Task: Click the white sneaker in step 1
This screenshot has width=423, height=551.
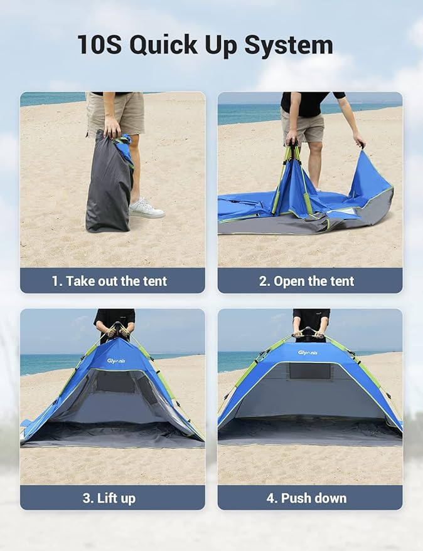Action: [146, 209]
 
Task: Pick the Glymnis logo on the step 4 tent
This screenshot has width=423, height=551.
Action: [308, 353]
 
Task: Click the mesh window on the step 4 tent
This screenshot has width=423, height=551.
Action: [309, 371]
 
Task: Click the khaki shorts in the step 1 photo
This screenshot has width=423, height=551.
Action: [116, 113]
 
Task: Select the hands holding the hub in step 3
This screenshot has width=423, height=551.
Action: [117, 331]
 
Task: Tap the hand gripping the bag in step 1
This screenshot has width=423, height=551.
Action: [112, 129]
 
